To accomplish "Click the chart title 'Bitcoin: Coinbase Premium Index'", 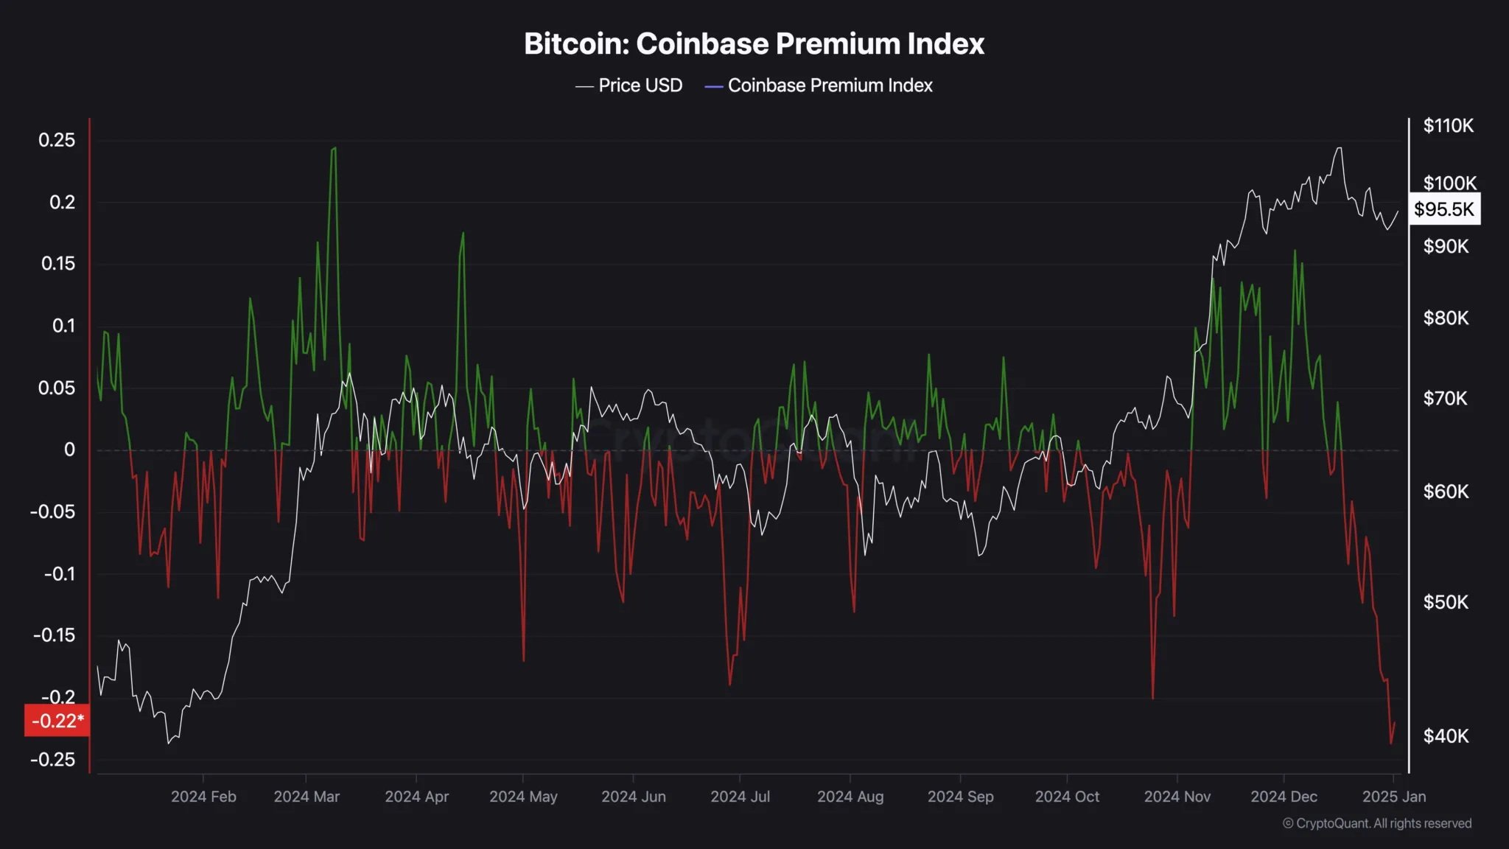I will (x=754, y=44).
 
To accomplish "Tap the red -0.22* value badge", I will (x=57, y=720).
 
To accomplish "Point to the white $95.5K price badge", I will (x=1444, y=209).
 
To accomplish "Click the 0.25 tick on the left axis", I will (x=57, y=140).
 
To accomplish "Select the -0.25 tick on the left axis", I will (x=53, y=759).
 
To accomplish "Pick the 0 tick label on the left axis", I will (x=69, y=450).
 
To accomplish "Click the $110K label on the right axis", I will (x=1448, y=126).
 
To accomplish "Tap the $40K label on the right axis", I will (x=1446, y=736).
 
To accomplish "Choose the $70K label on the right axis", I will (x=1445, y=399).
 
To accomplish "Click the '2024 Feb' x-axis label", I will (x=203, y=797).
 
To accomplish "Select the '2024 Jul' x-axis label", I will (x=740, y=797).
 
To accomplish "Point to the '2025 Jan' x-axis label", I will (x=1393, y=797).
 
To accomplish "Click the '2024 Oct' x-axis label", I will (x=1067, y=797).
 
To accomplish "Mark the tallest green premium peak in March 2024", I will (x=335, y=148).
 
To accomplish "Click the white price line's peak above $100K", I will (x=1339, y=148).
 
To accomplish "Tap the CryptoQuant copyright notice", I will (x=1377, y=823).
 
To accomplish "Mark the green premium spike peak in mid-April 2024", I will (x=463, y=234).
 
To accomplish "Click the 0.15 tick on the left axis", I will (x=58, y=264).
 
